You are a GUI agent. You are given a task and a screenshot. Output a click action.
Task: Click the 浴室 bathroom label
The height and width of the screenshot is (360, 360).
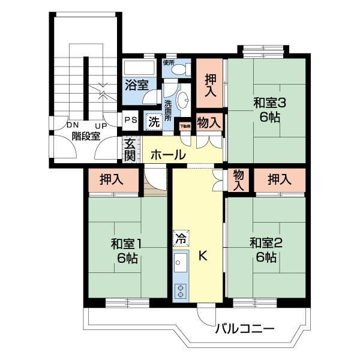[x=136, y=85]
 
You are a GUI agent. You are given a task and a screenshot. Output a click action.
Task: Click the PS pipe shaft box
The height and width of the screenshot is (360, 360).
[x=131, y=119]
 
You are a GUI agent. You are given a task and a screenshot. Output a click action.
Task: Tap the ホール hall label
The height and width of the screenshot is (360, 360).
[x=167, y=155]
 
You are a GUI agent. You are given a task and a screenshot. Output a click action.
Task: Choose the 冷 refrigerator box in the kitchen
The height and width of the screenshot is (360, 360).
[x=180, y=238]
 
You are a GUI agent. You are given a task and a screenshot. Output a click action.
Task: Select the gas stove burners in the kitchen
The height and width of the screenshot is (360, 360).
[x=180, y=291]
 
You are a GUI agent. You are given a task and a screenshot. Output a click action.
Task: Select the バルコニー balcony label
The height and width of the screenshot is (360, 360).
[x=244, y=329]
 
